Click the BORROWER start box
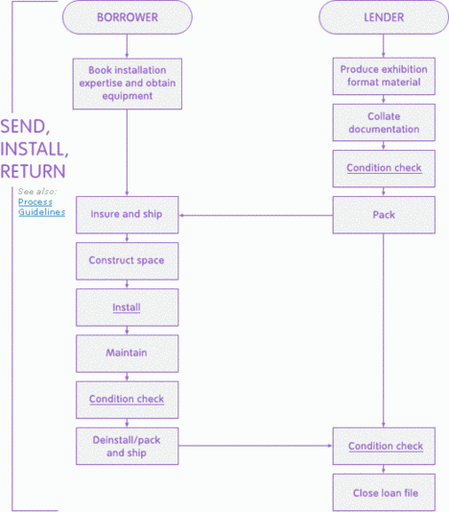127,16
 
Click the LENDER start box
383,16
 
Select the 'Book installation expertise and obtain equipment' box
127,82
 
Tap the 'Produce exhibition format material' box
383,76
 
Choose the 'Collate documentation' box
383,122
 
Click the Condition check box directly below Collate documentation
383,168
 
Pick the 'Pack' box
383,214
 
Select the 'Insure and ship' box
127,214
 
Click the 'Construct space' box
127,260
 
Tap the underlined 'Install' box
127,307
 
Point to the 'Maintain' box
127,353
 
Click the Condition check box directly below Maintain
127,399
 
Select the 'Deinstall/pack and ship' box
127,446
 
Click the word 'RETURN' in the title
34,171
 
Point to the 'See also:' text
36,191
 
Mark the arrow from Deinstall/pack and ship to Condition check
255,446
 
